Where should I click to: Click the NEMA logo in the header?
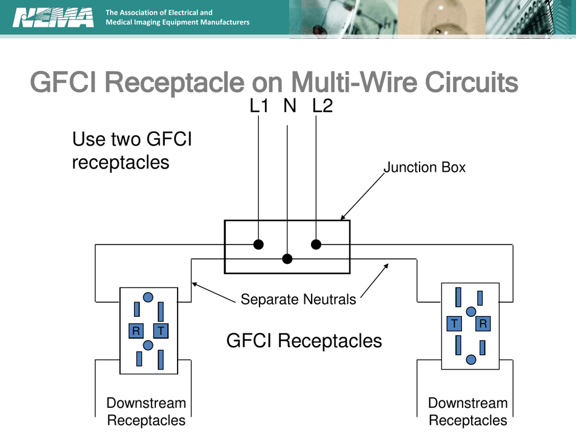click(x=53, y=18)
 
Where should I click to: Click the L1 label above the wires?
click(x=259, y=106)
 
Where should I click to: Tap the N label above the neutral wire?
click(x=290, y=106)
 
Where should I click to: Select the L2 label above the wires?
click(x=323, y=106)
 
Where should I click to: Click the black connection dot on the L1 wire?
click(x=259, y=245)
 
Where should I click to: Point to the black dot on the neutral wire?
click(x=287, y=259)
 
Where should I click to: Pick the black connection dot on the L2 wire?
click(x=316, y=245)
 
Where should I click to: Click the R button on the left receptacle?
click(x=136, y=331)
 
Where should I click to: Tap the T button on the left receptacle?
click(x=160, y=331)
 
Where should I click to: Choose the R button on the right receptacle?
click(x=483, y=324)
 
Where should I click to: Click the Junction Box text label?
click(x=424, y=167)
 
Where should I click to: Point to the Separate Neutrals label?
click(x=298, y=299)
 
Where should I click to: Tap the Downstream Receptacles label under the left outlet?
click(x=146, y=411)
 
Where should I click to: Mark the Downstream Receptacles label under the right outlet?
click(x=467, y=411)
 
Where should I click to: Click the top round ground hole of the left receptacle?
click(x=148, y=297)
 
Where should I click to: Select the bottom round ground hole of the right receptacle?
click(x=471, y=360)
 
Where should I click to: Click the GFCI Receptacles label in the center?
click(x=304, y=341)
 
